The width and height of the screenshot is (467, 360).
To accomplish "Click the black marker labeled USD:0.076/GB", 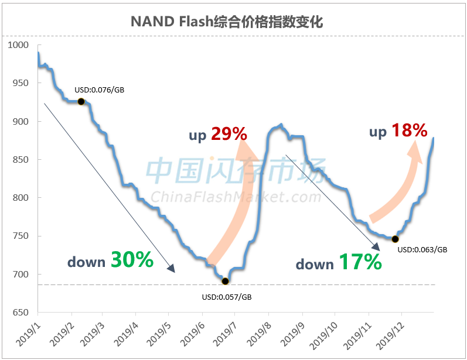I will click(81, 101).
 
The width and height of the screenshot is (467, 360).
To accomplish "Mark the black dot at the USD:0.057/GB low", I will click(226, 281).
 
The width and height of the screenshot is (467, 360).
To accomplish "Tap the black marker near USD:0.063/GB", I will click(395, 239).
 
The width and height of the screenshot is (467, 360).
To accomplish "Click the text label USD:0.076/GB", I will click(99, 90).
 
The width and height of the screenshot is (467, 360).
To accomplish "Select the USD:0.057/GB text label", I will click(226, 297).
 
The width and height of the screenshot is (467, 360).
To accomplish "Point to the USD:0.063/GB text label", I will click(422, 249).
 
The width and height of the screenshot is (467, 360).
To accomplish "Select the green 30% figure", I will click(132, 260).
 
